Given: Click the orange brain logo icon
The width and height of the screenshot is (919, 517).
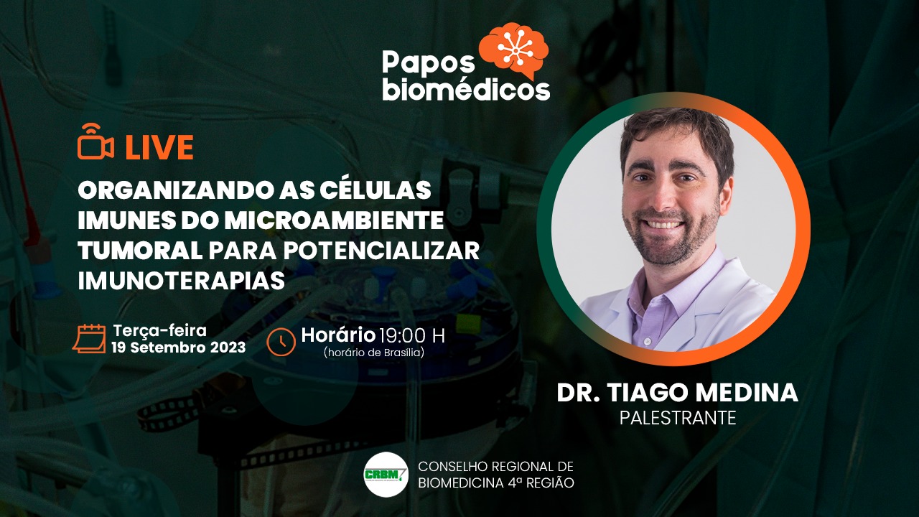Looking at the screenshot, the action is click(x=513, y=50).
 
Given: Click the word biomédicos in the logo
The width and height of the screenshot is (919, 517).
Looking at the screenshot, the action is click(x=466, y=90).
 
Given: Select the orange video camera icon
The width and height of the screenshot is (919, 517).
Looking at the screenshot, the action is click(x=95, y=141).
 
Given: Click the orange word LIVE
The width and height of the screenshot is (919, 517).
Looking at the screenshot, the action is click(x=159, y=147).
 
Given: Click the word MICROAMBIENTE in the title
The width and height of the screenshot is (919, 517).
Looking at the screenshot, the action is click(x=334, y=220).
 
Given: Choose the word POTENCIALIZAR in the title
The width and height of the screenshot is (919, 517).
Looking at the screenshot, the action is click(x=381, y=251).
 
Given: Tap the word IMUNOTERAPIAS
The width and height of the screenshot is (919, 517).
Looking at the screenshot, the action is click(x=182, y=281).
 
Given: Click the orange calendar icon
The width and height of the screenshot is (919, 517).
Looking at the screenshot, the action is click(x=90, y=338).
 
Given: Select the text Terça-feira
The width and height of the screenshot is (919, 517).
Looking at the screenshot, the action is click(x=159, y=330).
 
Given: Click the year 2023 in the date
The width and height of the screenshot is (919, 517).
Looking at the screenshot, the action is click(x=228, y=348).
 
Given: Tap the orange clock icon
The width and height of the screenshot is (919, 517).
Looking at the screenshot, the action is click(x=281, y=341).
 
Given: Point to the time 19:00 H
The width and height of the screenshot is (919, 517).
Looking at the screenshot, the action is click(x=412, y=335).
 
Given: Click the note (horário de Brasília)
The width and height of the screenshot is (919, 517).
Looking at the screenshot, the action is click(x=373, y=353).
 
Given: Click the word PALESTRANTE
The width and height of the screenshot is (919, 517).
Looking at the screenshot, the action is click(x=678, y=418).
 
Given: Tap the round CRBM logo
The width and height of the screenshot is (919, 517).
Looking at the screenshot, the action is click(x=386, y=475).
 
